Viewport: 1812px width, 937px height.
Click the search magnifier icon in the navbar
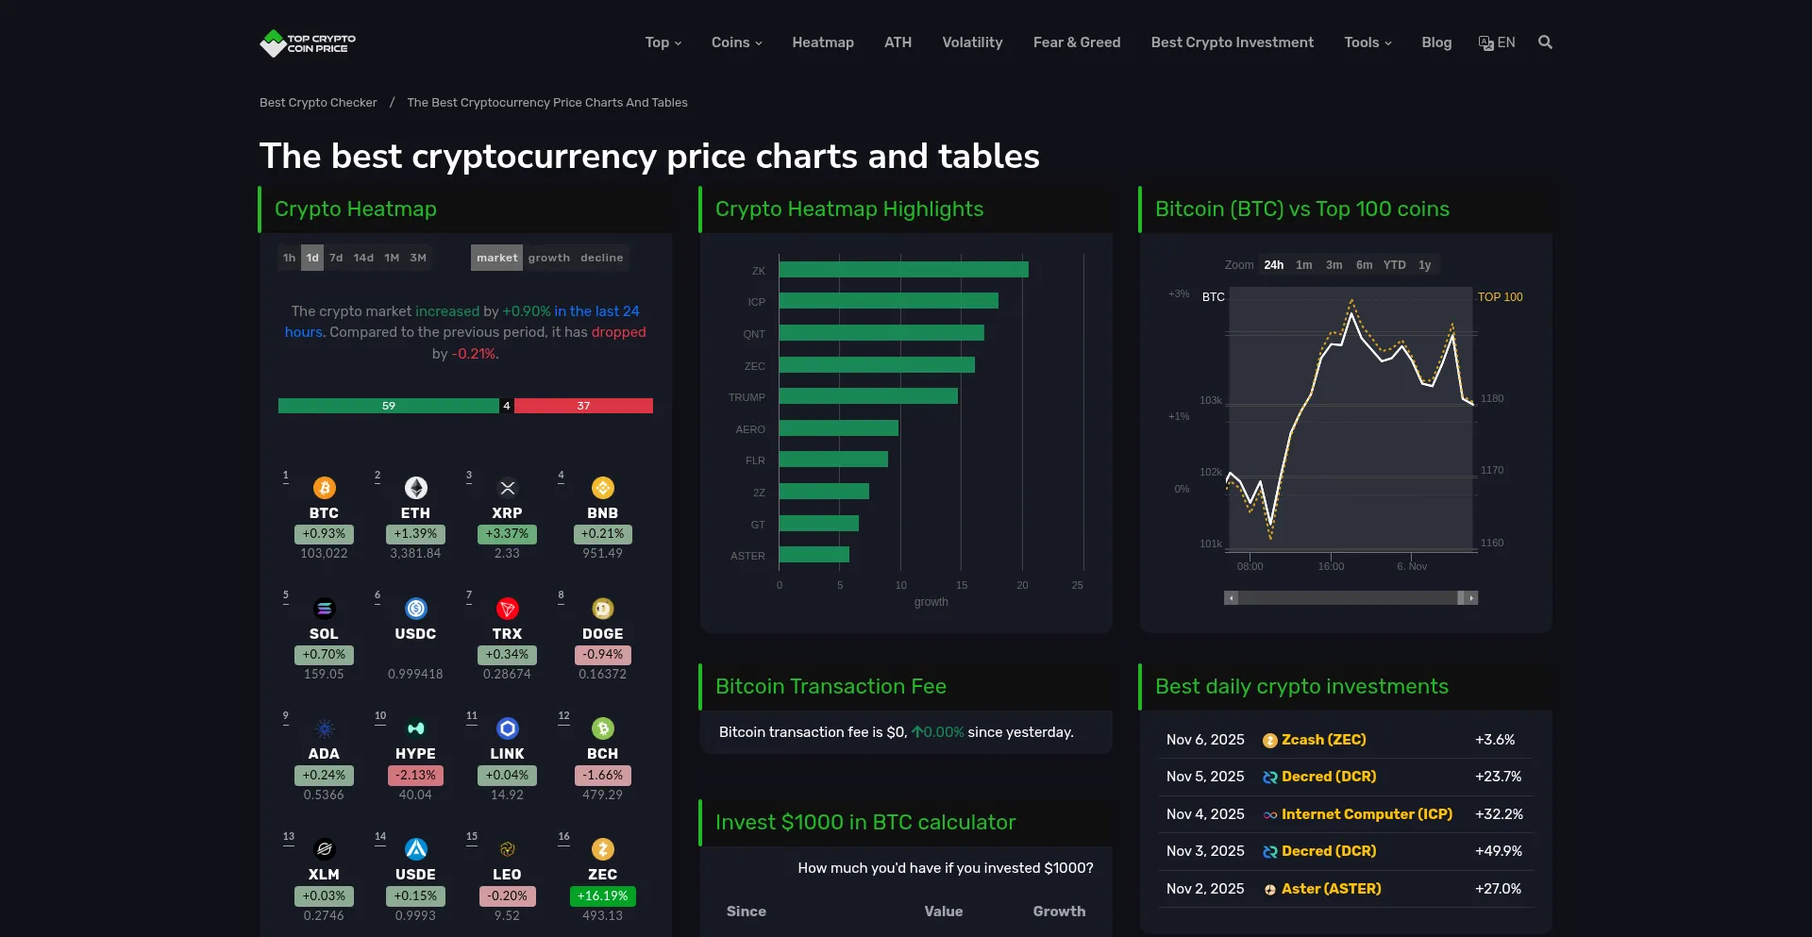click(1545, 42)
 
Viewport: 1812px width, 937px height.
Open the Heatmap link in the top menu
click(822, 42)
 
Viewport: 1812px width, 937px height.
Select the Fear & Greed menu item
click(1076, 42)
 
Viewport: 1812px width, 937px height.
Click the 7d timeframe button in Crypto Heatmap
click(336, 258)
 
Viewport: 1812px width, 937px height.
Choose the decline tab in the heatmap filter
click(601, 258)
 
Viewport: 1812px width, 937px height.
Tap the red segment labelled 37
click(583, 406)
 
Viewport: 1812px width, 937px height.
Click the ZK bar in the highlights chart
click(903, 270)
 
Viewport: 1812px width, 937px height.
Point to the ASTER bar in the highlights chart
click(814, 555)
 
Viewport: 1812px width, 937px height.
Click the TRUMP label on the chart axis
click(747, 397)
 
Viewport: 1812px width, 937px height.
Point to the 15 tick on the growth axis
click(961, 585)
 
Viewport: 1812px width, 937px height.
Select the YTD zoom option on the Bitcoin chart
click(1394, 265)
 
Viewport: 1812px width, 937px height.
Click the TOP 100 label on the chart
click(1500, 297)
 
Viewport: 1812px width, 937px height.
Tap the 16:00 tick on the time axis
click(1331, 566)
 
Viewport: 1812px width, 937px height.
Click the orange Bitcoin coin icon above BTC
click(324, 488)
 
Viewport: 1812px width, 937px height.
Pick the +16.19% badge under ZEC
click(602, 895)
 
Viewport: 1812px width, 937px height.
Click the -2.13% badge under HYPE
click(415, 776)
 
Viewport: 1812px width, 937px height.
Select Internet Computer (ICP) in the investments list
click(1367, 814)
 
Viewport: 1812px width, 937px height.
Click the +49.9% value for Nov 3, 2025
click(1498, 851)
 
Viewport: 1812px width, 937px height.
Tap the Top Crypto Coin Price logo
click(308, 43)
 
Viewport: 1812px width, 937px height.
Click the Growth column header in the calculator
click(1059, 912)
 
